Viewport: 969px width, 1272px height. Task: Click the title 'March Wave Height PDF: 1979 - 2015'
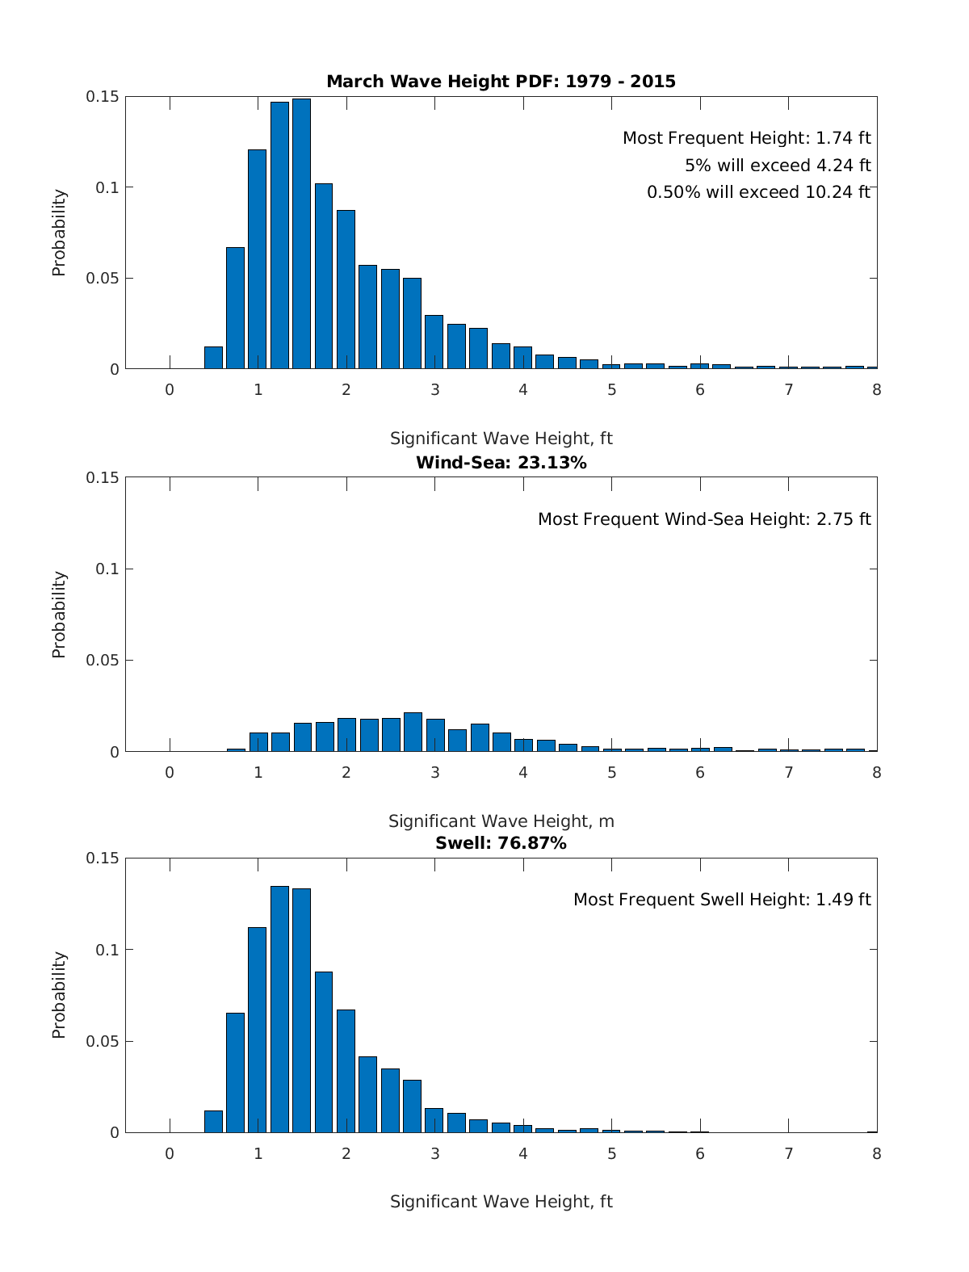pyautogui.click(x=501, y=82)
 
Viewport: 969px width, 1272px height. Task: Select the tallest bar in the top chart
pyautogui.click(x=301, y=234)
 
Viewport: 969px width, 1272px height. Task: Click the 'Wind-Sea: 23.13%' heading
pyautogui.click(x=501, y=463)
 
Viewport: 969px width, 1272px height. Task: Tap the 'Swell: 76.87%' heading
pyautogui.click(x=501, y=843)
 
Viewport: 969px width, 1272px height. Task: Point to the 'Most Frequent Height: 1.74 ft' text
pyautogui.click(x=746, y=138)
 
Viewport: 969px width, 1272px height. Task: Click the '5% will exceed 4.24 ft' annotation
pyautogui.click(x=778, y=166)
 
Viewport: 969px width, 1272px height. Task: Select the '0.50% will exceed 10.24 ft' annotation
pyautogui.click(x=758, y=192)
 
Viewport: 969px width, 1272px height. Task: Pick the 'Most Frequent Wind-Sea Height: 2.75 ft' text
pyautogui.click(x=704, y=519)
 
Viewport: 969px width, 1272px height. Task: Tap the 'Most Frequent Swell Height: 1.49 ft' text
pyautogui.click(x=722, y=900)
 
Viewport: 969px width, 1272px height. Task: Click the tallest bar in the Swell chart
pyautogui.click(x=279, y=1010)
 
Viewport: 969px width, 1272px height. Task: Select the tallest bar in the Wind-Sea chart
pyautogui.click(x=413, y=733)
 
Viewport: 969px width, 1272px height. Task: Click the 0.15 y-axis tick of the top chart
pyautogui.click(x=103, y=97)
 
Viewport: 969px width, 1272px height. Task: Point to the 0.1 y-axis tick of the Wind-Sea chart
pyautogui.click(x=107, y=569)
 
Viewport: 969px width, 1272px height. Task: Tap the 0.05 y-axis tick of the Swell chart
pyautogui.click(x=103, y=1041)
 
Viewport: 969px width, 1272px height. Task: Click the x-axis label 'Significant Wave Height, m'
pyautogui.click(x=501, y=821)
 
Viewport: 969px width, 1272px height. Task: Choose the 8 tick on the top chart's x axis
pyautogui.click(x=876, y=389)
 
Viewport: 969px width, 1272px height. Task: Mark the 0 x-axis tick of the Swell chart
pyautogui.click(x=170, y=1153)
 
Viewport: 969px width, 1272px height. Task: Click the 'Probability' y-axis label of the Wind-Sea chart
pyautogui.click(x=59, y=615)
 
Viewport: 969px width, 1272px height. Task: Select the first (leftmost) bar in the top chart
pyautogui.click(x=213, y=358)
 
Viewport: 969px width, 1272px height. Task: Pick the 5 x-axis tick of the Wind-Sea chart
pyautogui.click(x=611, y=772)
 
